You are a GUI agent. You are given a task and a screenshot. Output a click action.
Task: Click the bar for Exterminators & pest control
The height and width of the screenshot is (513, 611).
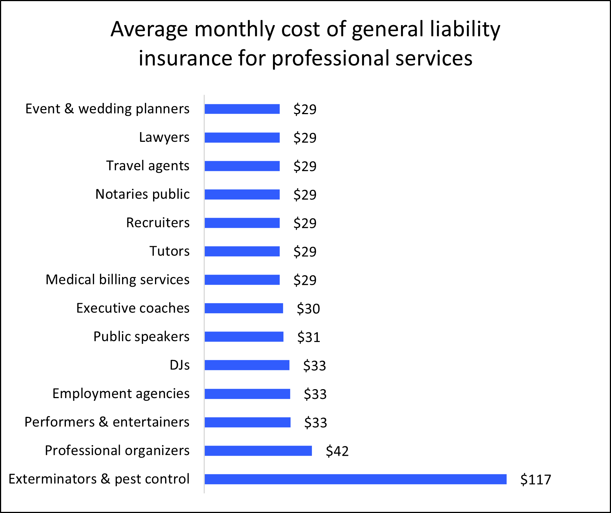click(355, 479)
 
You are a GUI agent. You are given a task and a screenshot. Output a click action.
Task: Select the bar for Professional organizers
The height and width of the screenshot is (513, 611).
click(258, 451)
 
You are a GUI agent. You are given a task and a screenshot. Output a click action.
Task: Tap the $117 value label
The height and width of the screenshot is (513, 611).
click(535, 479)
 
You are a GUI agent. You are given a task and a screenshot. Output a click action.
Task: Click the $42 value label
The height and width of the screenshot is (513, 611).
click(337, 451)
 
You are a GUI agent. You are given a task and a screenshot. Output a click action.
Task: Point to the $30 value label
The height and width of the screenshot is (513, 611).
click(308, 309)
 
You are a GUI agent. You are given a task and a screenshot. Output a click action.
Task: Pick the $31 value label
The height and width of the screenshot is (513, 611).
click(308, 337)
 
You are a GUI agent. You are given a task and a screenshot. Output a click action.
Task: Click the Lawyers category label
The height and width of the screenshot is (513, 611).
click(164, 137)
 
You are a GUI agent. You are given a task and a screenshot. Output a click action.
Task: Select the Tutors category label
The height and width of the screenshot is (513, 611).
click(169, 251)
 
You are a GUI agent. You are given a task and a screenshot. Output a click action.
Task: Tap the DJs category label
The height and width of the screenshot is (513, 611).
click(179, 365)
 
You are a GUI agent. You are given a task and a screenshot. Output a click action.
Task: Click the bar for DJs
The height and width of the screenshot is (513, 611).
click(247, 365)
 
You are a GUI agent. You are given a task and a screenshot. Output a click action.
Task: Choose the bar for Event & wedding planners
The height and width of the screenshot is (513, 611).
click(242, 109)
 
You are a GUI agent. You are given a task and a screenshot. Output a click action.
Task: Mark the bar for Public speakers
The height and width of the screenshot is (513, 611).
click(244, 337)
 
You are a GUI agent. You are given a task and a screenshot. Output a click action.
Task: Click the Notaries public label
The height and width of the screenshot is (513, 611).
click(142, 194)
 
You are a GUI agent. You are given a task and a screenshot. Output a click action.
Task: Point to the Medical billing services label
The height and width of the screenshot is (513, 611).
click(117, 280)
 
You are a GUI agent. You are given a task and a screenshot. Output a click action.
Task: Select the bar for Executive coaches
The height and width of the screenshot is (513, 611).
click(244, 308)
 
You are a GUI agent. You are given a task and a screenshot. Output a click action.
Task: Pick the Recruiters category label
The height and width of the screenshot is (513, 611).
click(158, 223)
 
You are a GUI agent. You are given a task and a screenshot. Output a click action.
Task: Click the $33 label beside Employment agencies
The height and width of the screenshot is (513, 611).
click(315, 394)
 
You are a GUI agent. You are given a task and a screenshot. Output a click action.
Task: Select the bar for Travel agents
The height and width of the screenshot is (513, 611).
click(242, 166)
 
